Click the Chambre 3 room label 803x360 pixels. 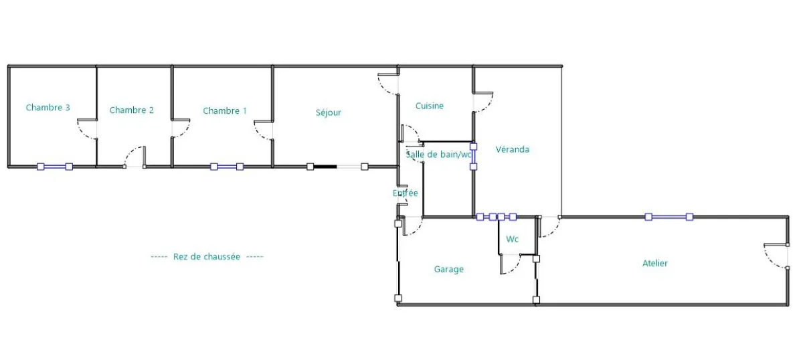coord(48,108)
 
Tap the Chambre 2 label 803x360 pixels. coord(132,110)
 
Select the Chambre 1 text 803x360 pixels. coord(225,111)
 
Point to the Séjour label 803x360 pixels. coord(329,112)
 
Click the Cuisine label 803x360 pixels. coord(430,106)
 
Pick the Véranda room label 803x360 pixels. coord(513,149)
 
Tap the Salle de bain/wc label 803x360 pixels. coord(438,155)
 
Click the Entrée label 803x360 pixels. coord(405,193)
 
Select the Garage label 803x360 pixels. coord(449,269)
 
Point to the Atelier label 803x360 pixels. coord(655,264)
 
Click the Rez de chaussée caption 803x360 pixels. coord(207,257)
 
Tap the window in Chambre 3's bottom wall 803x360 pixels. coord(55,167)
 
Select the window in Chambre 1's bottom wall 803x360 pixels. coord(227,167)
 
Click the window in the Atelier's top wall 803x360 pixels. coord(669,217)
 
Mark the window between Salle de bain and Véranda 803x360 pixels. coord(474,157)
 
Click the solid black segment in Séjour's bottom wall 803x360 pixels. coord(325,167)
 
